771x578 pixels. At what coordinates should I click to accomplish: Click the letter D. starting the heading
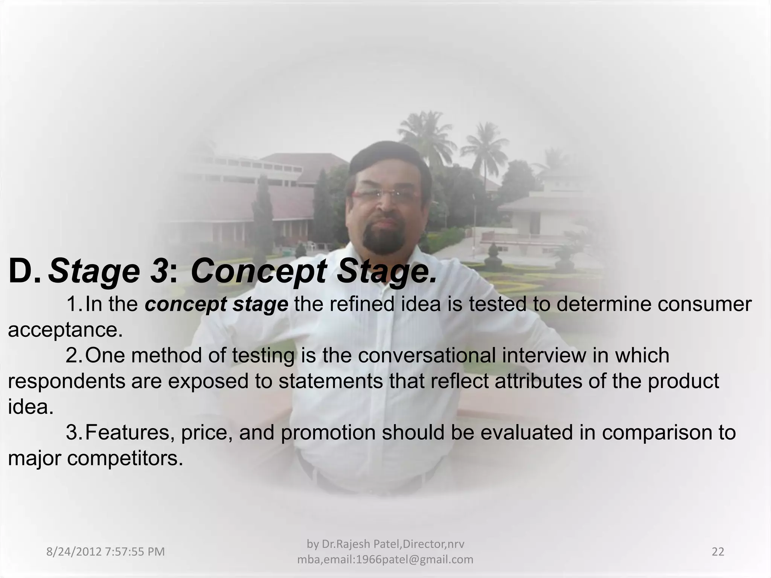24,272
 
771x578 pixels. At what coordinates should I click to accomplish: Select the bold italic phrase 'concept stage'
216,305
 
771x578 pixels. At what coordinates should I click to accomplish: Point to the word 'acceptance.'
66,330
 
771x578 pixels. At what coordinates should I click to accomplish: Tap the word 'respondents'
66,382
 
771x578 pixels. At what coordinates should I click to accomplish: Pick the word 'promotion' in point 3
328,433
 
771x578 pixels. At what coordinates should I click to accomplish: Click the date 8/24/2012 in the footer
74,552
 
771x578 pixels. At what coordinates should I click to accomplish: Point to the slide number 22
718,552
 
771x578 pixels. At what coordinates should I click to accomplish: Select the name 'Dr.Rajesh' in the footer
340,544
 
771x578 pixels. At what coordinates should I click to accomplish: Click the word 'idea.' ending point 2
30,407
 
